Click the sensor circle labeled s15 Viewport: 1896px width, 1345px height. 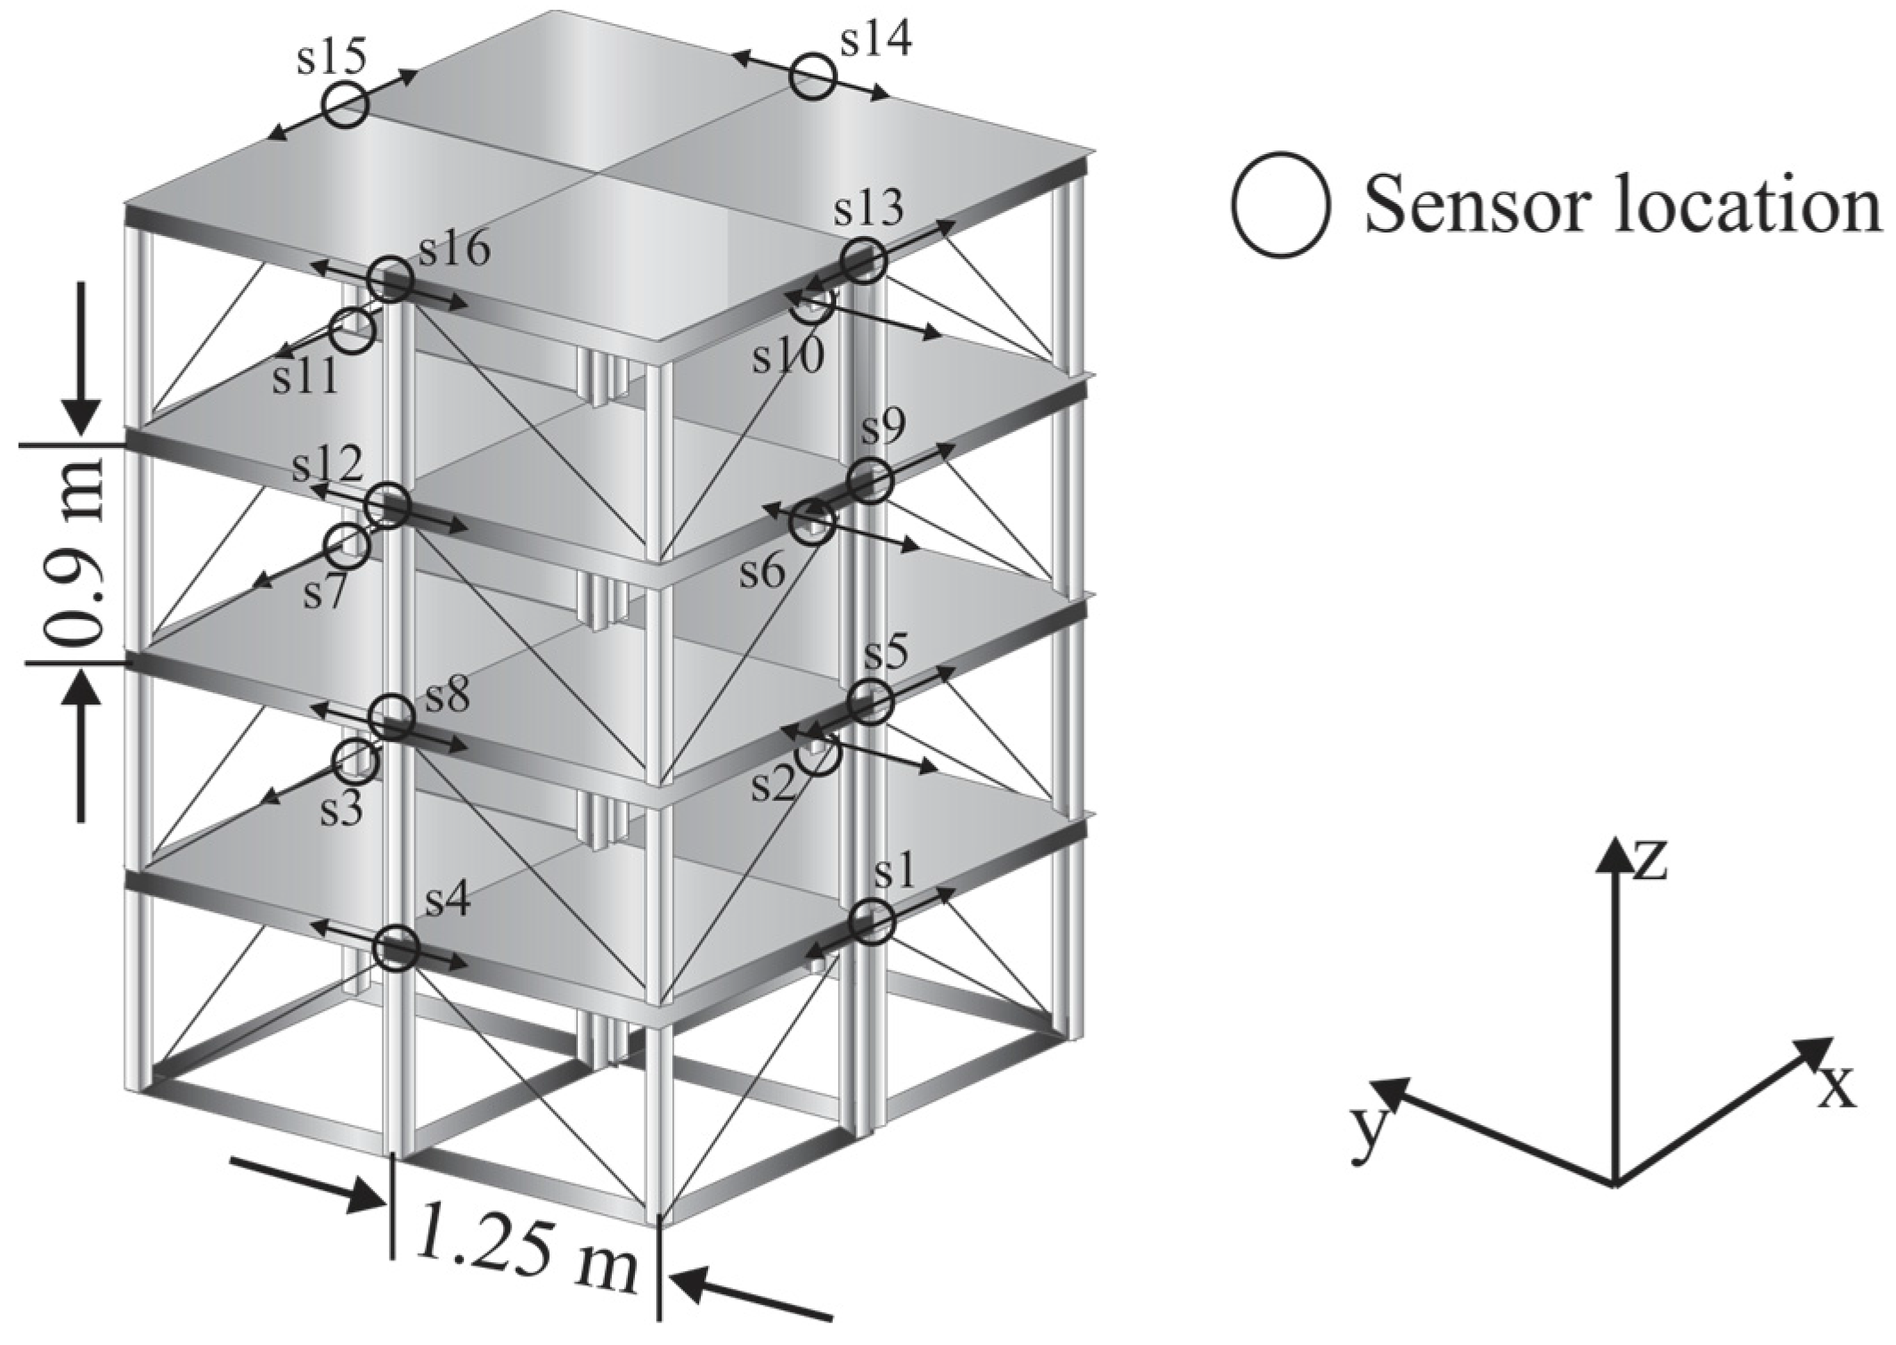tap(345, 105)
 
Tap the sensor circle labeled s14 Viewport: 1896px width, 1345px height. tap(812, 77)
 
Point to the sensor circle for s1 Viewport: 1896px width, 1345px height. tap(870, 921)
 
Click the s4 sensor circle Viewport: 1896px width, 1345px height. tap(395, 950)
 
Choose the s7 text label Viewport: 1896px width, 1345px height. tap(323, 593)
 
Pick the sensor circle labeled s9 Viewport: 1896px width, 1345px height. tap(869, 482)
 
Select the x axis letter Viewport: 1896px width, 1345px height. tap(1835, 1088)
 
